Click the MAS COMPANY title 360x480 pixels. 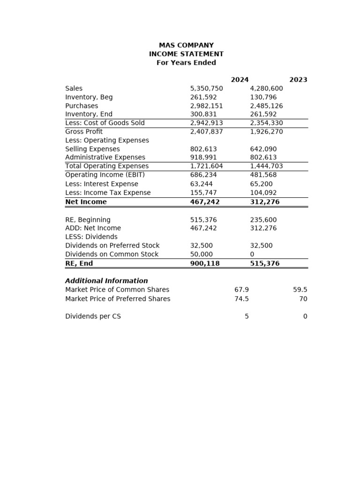tap(186, 45)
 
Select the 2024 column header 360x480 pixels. tap(240, 80)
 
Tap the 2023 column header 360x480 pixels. tap(298, 80)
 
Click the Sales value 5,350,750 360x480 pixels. tap(206, 89)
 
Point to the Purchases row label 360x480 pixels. tap(82, 106)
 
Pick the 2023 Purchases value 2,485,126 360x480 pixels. tap(266, 106)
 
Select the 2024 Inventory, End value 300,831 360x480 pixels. tap(203, 114)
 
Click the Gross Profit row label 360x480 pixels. tap(84, 132)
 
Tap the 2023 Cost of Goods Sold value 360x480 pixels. tap(266, 123)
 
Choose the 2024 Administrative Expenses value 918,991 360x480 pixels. tap(203, 157)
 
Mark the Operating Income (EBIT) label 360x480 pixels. tap(105, 175)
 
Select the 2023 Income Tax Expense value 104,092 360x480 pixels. tap(263, 193)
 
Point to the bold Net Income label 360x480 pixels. tap(86, 202)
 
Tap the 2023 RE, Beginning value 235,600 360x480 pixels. tap(263, 220)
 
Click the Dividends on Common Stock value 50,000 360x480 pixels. tap(202, 255)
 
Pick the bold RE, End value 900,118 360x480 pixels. tap(205, 263)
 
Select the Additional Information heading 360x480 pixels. tap(106, 281)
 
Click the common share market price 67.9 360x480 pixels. tap(241, 290)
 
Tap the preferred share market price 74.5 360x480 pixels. tap(241, 299)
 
